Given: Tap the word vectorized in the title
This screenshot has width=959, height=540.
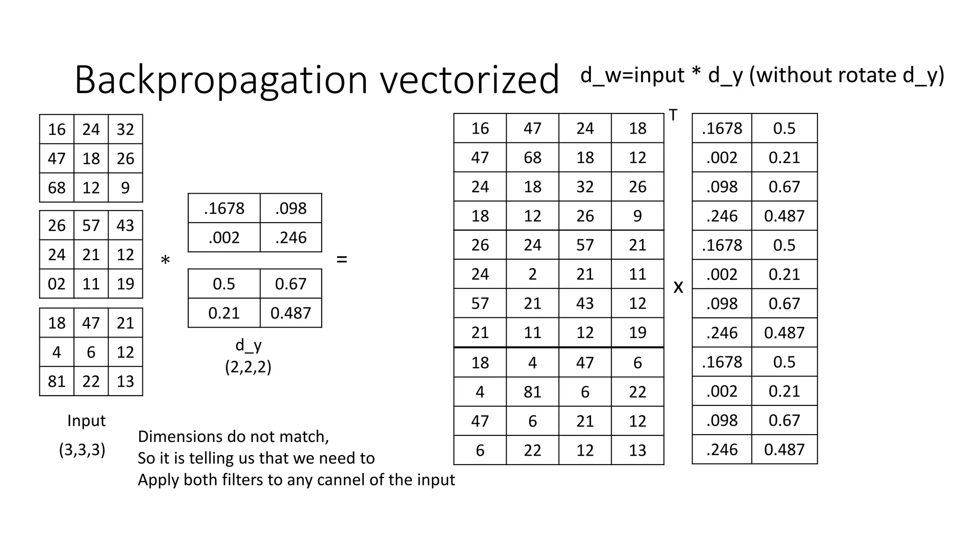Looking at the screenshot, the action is click(x=469, y=80).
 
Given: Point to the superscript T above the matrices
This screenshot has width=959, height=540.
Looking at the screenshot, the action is click(x=673, y=115).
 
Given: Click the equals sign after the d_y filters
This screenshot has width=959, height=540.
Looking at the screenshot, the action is click(x=342, y=259).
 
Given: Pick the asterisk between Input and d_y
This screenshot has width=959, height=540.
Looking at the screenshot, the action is click(x=165, y=261).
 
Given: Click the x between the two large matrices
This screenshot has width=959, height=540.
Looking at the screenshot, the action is click(x=678, y=287).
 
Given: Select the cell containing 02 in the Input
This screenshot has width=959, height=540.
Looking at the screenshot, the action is click(x=57, y=284).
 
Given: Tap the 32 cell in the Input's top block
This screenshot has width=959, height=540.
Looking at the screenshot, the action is click(x=125, y=129).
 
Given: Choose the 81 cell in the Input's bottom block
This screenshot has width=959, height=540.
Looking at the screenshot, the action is click(x=57, y=381).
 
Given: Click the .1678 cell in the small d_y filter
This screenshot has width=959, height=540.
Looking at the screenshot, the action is click(x=224, y=208).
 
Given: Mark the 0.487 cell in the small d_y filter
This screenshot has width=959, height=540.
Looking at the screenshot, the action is click(x=291, y=313).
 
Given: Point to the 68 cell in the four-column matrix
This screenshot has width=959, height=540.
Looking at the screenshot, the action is click(x=532, y=157).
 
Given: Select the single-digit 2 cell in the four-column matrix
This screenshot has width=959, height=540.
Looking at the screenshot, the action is click(x=532, y=274).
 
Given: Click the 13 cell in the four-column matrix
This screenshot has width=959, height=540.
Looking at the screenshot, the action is click(x=637, y=450).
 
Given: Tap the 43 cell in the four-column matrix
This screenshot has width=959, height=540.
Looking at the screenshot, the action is click(x=585, y=303).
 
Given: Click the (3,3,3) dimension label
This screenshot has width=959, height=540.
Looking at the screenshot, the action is click(x=82, y=450).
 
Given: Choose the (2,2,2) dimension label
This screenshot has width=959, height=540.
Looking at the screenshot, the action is click(x=248, y=367).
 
